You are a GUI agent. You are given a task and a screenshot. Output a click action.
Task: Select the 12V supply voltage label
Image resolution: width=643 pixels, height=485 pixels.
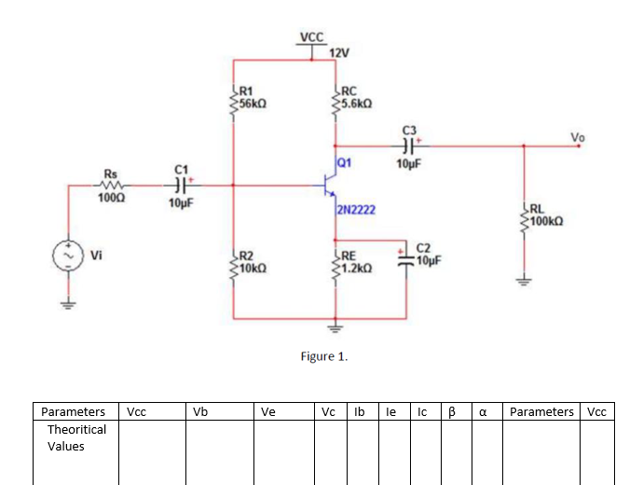338,52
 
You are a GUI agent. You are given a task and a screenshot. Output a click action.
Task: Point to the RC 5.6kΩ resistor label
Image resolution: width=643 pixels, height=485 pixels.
357,97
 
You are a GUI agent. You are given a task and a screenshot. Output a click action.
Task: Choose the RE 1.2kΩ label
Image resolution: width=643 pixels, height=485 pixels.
356,262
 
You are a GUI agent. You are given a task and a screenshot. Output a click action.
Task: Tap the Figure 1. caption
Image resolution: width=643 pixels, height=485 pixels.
323,355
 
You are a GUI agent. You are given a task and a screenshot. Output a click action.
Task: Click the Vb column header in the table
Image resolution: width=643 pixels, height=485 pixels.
199,411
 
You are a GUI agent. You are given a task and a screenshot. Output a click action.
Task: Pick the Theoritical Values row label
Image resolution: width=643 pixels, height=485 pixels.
76,437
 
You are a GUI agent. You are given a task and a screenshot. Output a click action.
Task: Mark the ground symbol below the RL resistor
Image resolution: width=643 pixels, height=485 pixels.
524,283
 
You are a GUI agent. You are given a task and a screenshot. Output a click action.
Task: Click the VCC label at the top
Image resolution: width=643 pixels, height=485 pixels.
312,37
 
